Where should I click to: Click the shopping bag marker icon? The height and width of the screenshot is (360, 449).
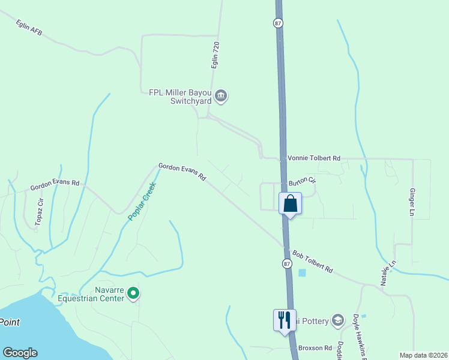[x=290, y=203]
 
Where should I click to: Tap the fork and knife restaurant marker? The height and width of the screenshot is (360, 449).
[x=284, y=319]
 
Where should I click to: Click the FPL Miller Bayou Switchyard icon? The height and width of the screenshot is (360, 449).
[x=221, y=96]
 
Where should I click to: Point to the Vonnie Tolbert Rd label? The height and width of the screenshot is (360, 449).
[x=314, y=158]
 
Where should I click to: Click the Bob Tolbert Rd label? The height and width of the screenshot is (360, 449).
[x=312, y=262]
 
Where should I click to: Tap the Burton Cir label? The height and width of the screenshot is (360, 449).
[x=302, y=179]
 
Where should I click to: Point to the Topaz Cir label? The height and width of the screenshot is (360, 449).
[x=39, y=212]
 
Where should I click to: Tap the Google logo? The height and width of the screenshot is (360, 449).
[x=20, y=353]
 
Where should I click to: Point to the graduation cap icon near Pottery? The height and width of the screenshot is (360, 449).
[x=338, y=320]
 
